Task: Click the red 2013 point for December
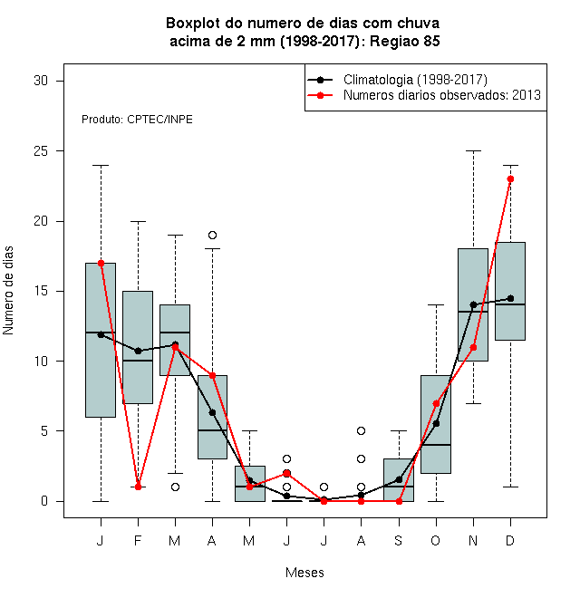point(510,178)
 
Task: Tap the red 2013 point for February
point(138,487)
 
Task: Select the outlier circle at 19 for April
point(213,235)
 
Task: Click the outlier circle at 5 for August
point(361,431)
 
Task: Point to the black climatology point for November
point(474,304)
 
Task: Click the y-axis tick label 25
point(41,151)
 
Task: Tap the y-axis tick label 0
point(44,501)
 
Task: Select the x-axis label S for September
point(399,540)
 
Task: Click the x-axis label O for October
point(435,540)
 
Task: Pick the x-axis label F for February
point(138,540)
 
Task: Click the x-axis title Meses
point(304,573)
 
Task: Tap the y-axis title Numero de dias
point(8,291)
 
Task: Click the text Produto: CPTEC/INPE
point(137,120)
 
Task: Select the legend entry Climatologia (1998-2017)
point(397,80)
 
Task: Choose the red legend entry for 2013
point(424,95)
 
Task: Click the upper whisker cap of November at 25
point(474,151)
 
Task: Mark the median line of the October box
point(436,445)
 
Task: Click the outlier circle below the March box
point(175,487)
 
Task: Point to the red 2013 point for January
point(101,263)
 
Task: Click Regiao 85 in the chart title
point(405,41)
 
